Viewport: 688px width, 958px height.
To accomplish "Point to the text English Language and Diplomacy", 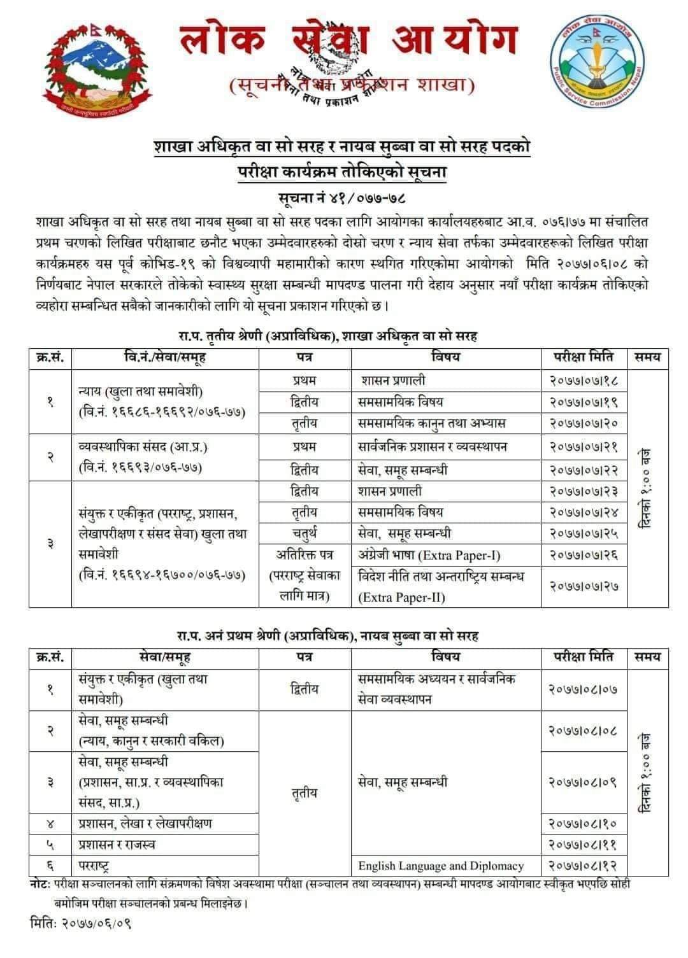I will pos(441,865).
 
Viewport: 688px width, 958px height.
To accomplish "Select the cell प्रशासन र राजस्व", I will pos(117,844).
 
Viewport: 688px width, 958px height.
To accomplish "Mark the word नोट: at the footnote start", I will pos(41,884).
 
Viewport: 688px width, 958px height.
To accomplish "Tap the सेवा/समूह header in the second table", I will pos(164,656).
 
